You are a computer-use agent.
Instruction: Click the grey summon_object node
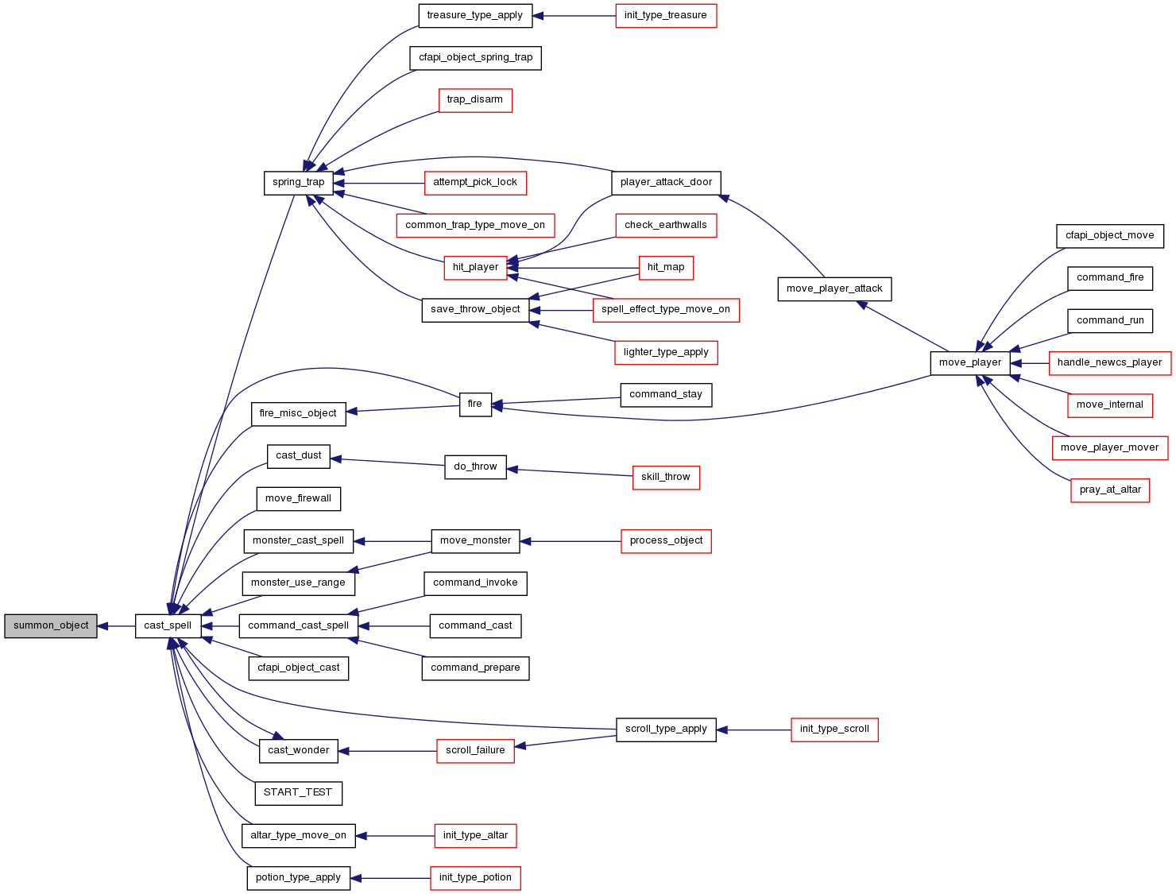pos(51,626)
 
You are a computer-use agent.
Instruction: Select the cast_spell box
pos(168,626)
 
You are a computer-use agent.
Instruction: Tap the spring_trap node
pos(299,184)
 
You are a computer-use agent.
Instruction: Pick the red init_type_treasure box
pos(666,16)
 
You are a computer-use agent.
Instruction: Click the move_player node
pos(970,363)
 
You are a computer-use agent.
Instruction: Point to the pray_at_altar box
pos(1110,490)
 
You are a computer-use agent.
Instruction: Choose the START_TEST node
pos(299,793)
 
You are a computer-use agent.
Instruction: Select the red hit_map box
pos(666,268)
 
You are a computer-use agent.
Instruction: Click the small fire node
pos(475,405)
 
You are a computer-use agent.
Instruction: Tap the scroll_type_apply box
pos(666,730)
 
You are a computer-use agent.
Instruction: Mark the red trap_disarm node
pos(475,101)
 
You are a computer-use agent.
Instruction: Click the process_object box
pos(666,541)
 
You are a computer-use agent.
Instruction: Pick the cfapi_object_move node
pos(1110,236)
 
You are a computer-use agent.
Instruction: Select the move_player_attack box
pos(834,289)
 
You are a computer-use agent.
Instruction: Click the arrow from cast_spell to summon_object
pos(116,626)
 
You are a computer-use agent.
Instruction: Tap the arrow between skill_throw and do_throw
pos(570,473)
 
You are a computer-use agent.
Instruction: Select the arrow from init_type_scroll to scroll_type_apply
pos(754,730)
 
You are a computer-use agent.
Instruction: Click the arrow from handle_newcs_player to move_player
pos(1030,363)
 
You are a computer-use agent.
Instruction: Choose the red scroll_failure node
pos(475,752)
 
